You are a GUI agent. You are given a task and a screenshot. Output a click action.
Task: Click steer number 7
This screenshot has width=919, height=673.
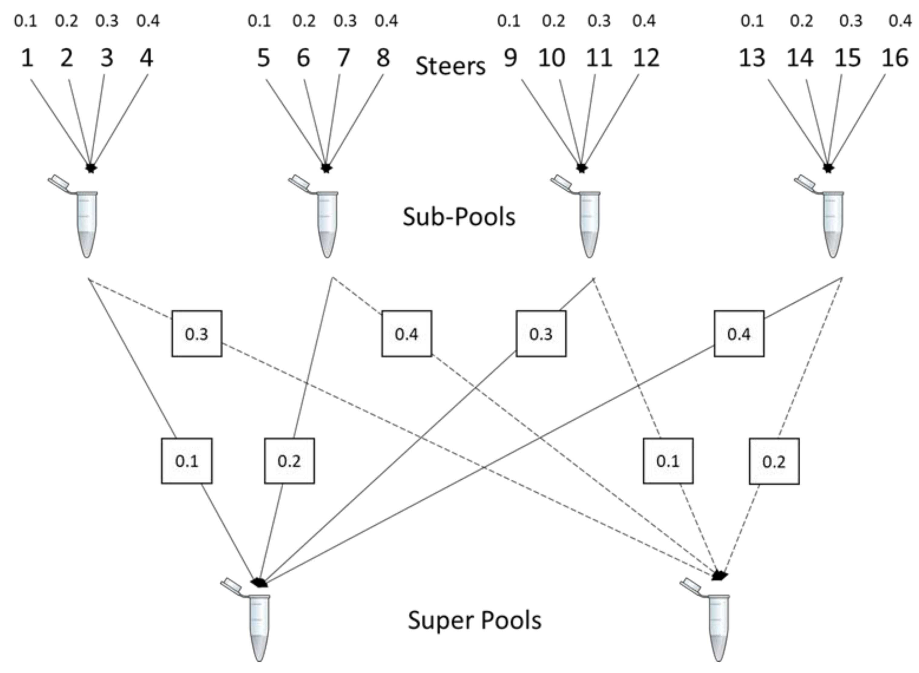(x=343, y=58)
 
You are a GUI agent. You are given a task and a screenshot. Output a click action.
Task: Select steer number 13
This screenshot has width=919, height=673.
(x=752, y=58)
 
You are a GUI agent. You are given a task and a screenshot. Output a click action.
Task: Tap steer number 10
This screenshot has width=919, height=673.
(x=552, y=58)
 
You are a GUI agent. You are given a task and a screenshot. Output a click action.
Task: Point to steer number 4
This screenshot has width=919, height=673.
(x=146, y=58)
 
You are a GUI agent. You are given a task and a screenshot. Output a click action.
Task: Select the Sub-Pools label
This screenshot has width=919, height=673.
(x=459, y=217)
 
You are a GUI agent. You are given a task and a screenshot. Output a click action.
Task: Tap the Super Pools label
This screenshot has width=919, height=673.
(x=474, y=620)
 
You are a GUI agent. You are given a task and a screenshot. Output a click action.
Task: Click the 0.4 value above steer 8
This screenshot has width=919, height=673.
(x=386, y=20)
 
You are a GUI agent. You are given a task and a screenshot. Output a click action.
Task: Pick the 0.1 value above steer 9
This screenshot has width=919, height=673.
(x=509, y=20)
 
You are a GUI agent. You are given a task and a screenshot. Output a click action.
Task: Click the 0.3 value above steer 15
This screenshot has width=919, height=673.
(x=851, y=20)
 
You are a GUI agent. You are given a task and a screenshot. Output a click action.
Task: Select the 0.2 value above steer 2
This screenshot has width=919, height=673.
(x=66, y=20)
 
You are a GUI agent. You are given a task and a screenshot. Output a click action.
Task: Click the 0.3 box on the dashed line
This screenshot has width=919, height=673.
(x=196, y=334)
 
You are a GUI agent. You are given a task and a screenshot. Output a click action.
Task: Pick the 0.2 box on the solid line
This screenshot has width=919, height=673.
(x=289, y=461)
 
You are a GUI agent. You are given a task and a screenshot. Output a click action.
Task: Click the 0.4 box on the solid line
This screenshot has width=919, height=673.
(x=739, y=334)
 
